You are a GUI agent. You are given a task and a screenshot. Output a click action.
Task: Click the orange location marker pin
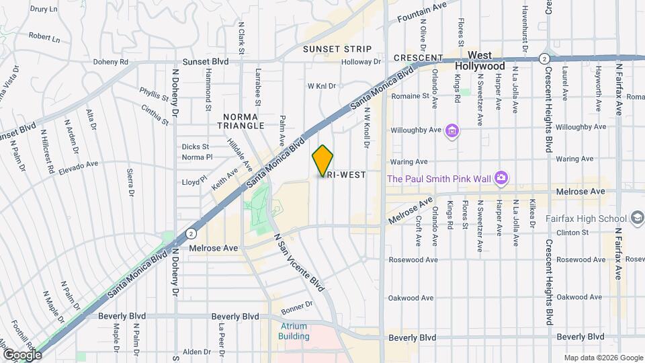click(x=322, y=161)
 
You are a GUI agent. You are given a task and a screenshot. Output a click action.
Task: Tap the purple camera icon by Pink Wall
click(x=501, y=177)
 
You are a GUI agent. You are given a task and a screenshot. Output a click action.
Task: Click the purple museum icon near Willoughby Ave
click(x=452, y=130)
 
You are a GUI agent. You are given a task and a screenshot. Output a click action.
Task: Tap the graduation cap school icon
click(x=638, y=218)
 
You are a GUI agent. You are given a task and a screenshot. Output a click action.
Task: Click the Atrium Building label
click(x=294, y=331)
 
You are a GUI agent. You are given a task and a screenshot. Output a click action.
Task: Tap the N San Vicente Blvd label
click(x=298, y=262)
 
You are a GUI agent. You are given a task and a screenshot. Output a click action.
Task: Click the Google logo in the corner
click(x=22, y=354)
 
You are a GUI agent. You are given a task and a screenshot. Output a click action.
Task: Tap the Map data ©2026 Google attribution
click(x=603, y=358)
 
